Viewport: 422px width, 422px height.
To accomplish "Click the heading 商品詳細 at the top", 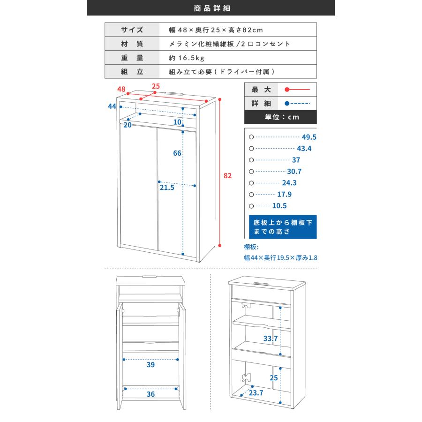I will click(x=211, y=8).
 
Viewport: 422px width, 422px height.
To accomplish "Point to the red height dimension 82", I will click(x=228, y=176).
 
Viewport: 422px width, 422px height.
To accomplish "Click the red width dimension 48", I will click(x=121, y=89).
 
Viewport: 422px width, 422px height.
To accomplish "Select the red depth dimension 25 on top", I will click(x=156, y=86).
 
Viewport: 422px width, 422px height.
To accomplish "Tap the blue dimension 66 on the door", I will click(x=177, y=154).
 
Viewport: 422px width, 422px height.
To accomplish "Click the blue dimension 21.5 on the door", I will click(x=166, y=188).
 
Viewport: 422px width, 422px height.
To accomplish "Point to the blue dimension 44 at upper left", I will click(x=112, y=106).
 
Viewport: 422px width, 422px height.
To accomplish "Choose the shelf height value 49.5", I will click(x=309, y=137).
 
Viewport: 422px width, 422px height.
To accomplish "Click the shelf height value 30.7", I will click(x=294, y=172).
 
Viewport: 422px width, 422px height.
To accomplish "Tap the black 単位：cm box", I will click(x=280, y=117).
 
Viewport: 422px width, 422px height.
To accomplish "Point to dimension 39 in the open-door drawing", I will click(x=151, y=365).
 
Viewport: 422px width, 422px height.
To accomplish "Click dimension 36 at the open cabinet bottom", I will click(x=151, y=394).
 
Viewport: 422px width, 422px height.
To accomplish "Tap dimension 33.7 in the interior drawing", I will click(x=271, y=338).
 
